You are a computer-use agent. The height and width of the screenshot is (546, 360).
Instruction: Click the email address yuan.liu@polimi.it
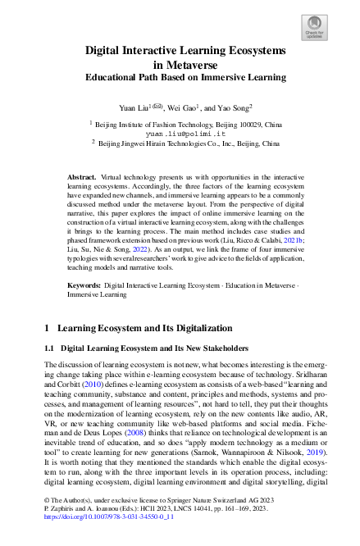[180, 130]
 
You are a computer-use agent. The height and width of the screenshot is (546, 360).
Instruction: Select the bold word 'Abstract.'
[82, 176]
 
